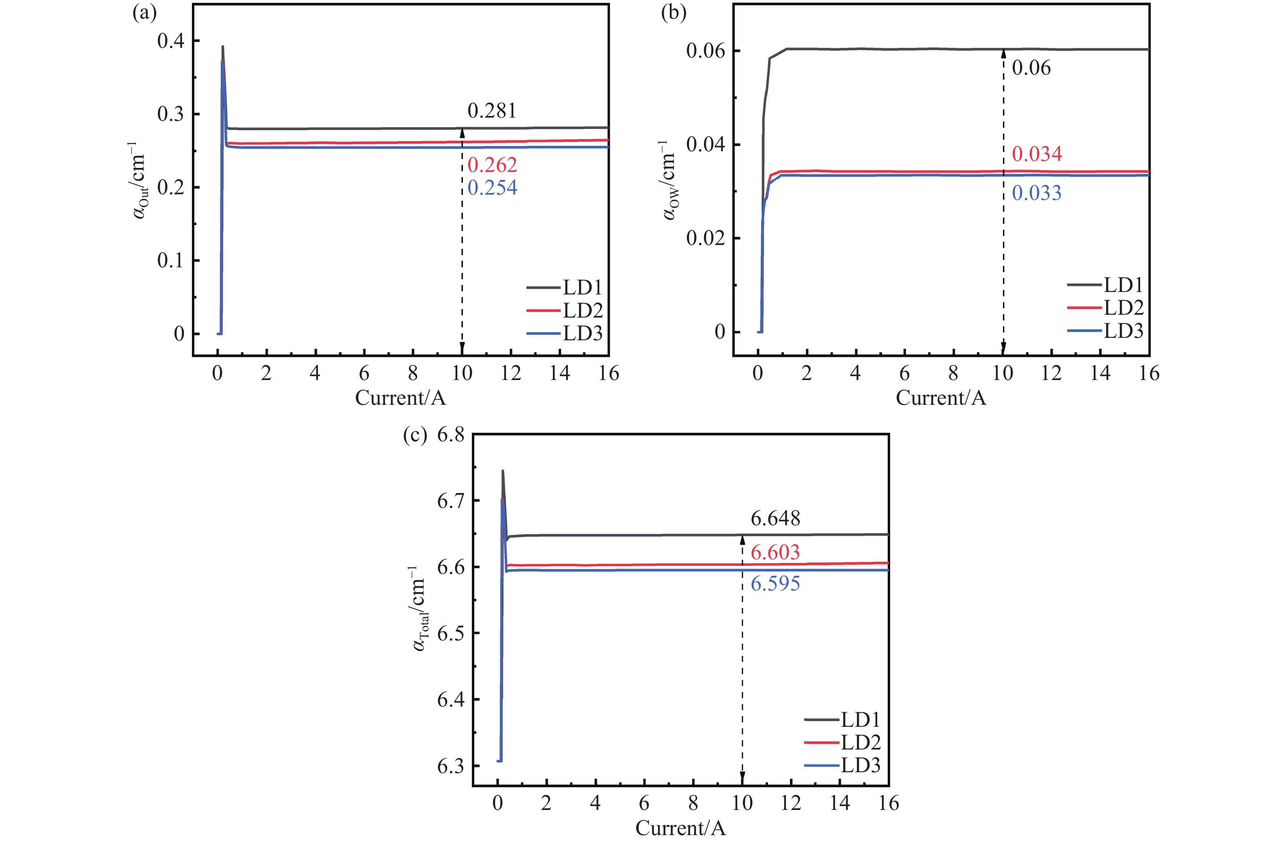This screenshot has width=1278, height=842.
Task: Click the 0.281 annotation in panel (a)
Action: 492,111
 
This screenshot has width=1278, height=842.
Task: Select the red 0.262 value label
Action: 492,165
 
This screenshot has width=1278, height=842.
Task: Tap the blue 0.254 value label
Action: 492,187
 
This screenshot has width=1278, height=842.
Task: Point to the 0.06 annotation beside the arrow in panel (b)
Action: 1031,68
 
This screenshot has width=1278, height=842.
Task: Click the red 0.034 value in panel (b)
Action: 1037,154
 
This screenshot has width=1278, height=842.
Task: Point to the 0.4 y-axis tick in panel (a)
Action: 171,41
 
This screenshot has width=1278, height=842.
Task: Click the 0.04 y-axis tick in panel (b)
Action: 706,144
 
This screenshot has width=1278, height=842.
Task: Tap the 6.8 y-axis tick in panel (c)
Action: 451,434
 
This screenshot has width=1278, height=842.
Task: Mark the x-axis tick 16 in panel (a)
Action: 609,373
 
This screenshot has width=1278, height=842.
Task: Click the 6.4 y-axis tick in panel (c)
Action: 451,700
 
